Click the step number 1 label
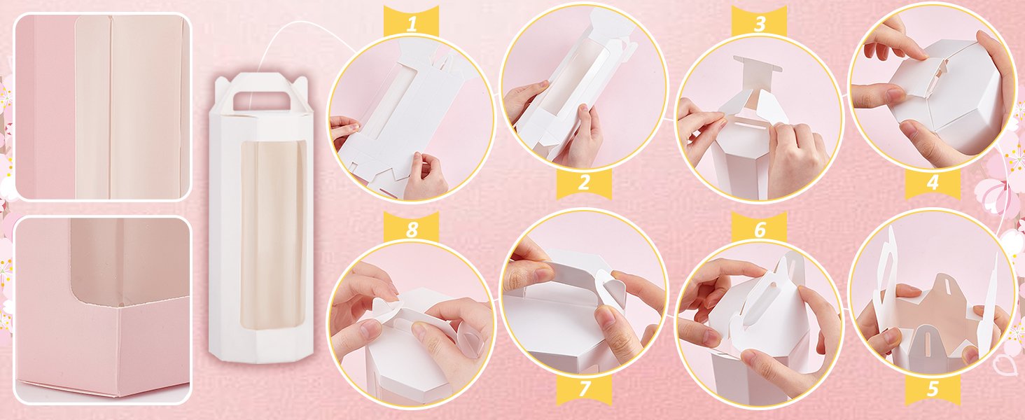tap(411, 24)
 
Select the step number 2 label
tap(583, 184)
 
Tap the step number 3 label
tap(760, 24)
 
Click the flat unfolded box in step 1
tap(406, 119)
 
